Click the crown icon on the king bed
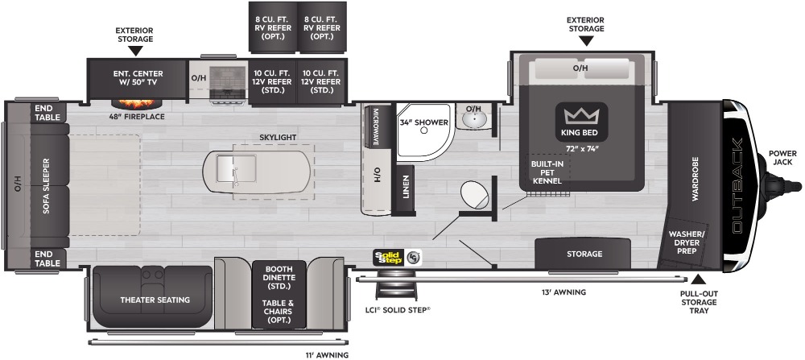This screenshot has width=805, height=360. (x=582, y=115)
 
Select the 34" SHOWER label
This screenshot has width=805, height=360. (x=424, y=122)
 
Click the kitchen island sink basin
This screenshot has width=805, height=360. (x=226, y=168)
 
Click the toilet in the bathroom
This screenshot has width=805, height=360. (x=474, y=195)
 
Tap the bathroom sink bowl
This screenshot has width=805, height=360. (x=474, y=120)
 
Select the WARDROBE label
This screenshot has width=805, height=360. (x=696, y=179)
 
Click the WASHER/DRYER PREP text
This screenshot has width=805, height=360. (x=687, y=242)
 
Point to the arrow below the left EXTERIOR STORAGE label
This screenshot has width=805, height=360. (x=135, y=50)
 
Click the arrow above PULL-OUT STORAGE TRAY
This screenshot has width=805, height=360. (x=698, y=279)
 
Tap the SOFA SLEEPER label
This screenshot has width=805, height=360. (x=46, y=186)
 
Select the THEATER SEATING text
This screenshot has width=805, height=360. (x=155, y=300)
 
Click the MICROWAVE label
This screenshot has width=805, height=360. (x=376, y=127)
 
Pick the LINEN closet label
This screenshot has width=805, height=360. (x=406, y=188)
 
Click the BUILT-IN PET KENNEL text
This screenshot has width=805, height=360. (x=547, y=172)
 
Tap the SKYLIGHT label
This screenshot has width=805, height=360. (x=278, y=137)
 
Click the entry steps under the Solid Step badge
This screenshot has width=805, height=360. (x=396, y=286)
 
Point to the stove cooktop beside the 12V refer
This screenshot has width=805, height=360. (x=228, y=82)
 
